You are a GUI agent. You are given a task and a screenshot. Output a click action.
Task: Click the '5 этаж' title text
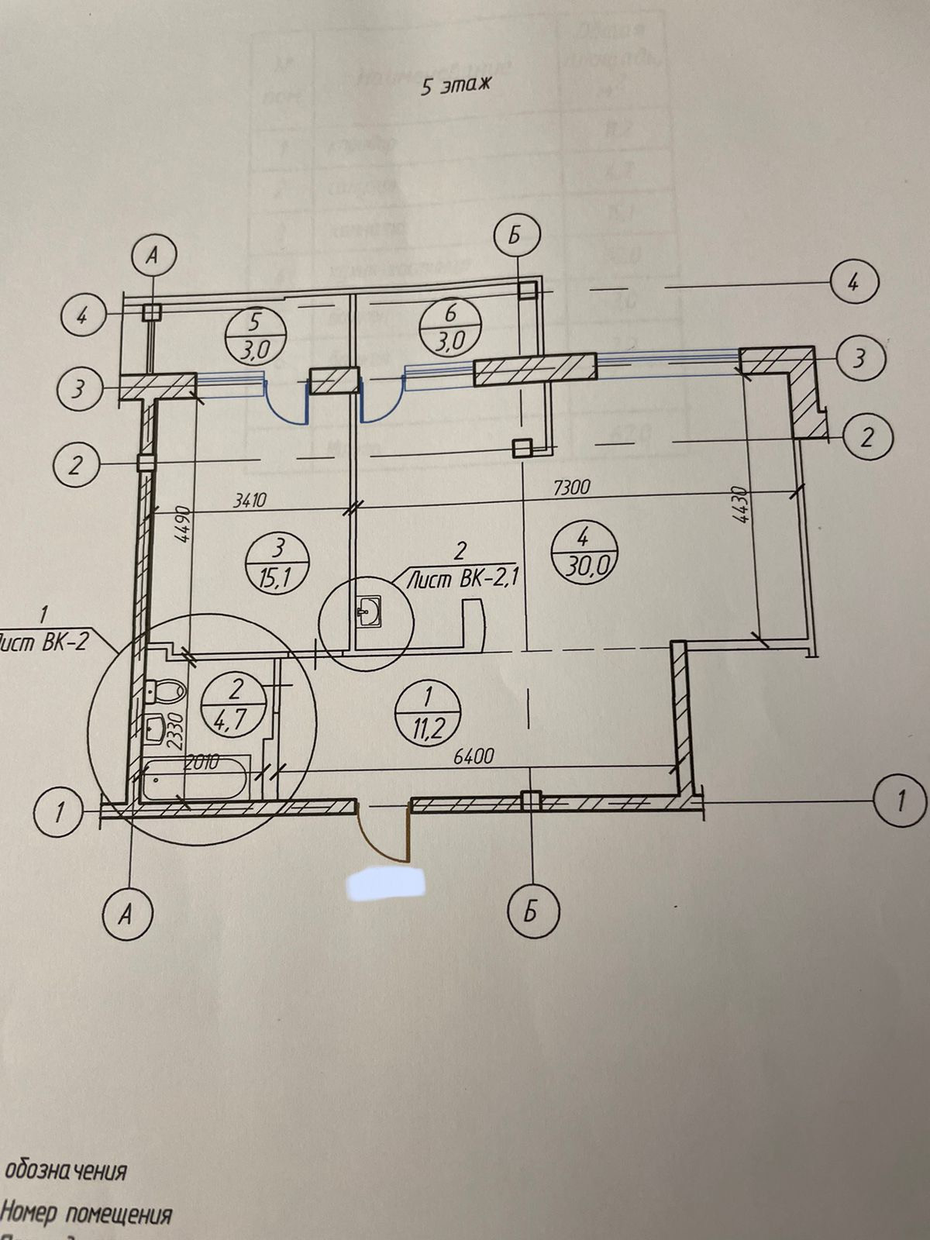click(456, 87)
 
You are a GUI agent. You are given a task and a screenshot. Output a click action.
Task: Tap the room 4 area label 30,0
click(584, 552)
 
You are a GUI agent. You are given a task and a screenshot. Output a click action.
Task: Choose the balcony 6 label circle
click(450, 329)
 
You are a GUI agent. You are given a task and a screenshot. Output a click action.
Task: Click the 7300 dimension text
click(572, 487)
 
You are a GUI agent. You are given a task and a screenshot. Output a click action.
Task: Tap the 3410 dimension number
click(250, 501)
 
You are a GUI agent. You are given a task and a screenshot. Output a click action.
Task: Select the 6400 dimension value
click(472, 756)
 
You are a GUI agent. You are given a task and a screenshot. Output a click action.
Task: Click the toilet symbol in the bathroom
click(165, 688)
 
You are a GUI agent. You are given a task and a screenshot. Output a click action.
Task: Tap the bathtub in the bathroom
click(195, 780)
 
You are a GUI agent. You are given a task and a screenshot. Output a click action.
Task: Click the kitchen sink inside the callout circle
click(368, 613)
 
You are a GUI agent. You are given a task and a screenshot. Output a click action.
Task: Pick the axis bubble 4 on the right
click(853, 282)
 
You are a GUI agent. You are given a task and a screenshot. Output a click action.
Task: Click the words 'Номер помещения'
click(86, 1214)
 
